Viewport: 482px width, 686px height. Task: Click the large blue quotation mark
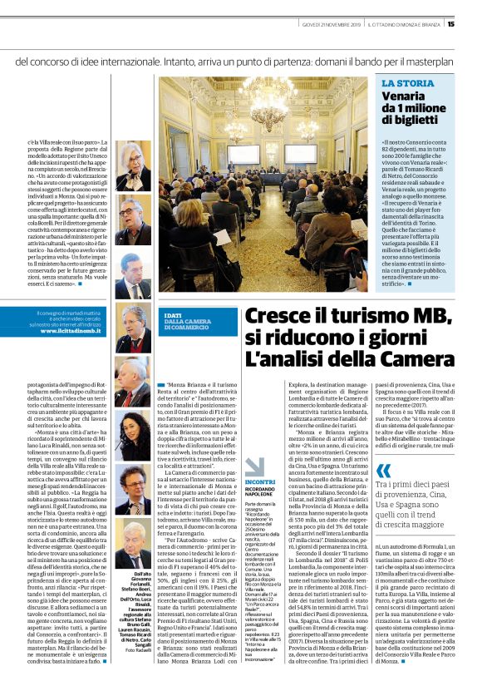tap(383, 471)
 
